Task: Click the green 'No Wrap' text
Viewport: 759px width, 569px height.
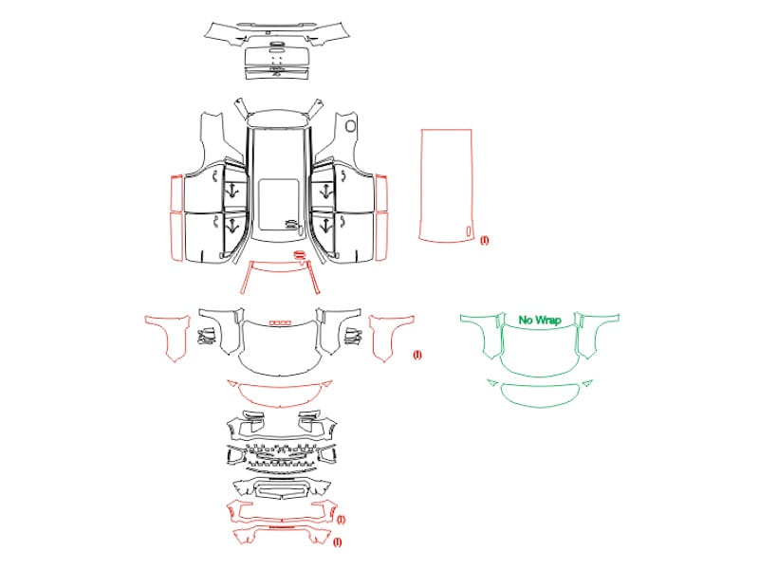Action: click(540, 320)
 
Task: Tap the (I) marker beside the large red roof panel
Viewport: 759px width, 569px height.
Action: click(485, 240)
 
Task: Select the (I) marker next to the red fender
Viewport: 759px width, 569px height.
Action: click(417, 355)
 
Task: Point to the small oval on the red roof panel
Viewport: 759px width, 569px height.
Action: click(469, 231)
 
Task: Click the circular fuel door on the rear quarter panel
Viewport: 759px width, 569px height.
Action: click(350, 127)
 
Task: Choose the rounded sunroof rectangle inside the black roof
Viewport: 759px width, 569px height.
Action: click(279, 204)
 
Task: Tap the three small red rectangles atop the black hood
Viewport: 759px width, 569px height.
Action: click(281, 322)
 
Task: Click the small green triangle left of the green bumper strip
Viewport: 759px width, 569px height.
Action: click(492, 383)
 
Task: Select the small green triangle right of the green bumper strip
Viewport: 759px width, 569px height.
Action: click(587, 383)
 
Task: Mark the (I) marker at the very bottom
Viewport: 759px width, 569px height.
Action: click(338, 541)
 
